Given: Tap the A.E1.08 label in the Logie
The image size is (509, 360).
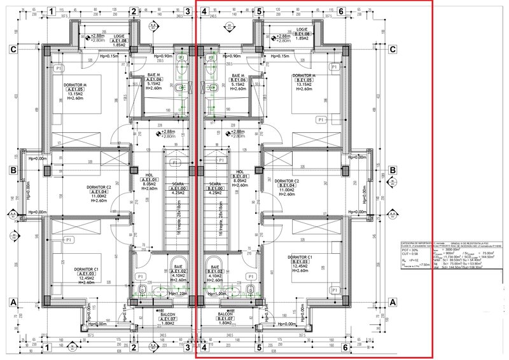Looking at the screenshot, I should (x=118, y=41).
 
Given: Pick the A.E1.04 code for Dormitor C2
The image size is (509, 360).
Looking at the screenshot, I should (x=99, y=192).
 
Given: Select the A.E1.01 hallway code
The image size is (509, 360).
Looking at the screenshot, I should (x=150, y=180).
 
